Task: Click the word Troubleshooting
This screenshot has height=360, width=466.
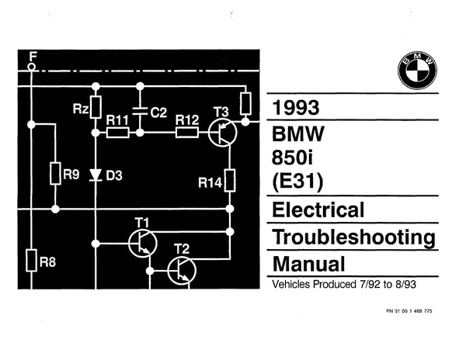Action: point(353,235)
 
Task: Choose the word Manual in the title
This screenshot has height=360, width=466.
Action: point(302,261)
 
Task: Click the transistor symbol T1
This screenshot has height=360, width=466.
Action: point(142,243)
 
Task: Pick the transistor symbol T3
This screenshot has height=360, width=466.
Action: point(223,133)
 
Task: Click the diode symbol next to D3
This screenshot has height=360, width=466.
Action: point(95,175)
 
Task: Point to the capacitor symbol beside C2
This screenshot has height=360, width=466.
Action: point(140,112)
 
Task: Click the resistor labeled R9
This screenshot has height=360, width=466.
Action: point(55,174)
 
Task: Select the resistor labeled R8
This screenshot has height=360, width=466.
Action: point(30,260)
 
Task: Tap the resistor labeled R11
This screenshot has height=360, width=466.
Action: point(117,133)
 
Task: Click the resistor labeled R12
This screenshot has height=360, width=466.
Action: point(187,133)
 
